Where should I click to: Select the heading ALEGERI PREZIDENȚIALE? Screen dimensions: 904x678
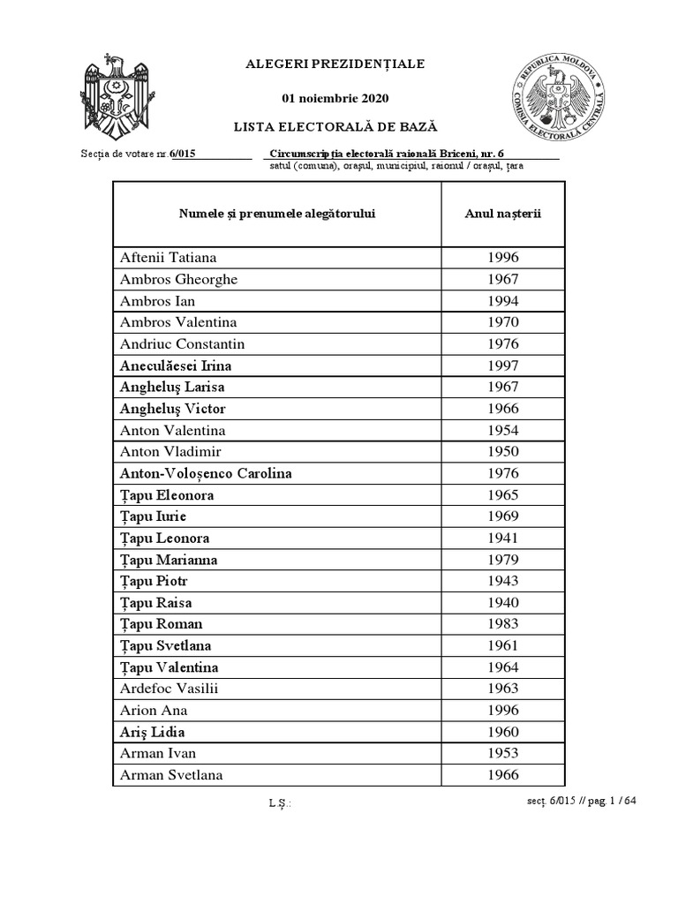click(335, 64)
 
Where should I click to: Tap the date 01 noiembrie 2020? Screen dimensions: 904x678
click(335, 98)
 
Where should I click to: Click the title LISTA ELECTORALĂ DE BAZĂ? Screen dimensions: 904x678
click(335, 127)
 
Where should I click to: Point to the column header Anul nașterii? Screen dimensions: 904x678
click(502, 214)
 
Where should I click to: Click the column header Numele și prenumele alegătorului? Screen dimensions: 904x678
click(277, 214)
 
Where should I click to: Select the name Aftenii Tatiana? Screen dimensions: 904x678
click(169, 258)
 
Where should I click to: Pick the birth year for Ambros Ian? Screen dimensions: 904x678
click(502, 301)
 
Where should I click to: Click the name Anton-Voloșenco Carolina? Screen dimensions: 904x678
click(206, 473)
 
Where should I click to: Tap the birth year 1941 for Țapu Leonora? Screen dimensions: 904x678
click(502, 538)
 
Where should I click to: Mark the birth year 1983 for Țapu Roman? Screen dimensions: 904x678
click(502, 624)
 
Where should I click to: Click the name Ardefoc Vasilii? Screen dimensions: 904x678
click(169, 689)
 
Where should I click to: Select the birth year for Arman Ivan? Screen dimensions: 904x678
click(502, 753)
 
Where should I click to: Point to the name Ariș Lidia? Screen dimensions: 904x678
click(153, 732)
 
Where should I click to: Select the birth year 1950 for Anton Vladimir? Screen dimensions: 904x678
click(502, 452)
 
